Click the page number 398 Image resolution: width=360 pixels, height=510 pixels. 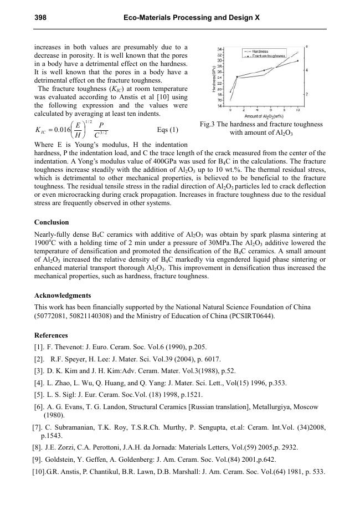(40, 18)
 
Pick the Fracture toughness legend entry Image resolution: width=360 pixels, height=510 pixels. (268, 56)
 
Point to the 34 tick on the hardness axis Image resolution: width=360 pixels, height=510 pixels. (221, 49)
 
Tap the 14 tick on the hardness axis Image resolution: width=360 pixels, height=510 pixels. (221, 105)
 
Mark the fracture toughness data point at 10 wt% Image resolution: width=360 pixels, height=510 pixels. (298, 61)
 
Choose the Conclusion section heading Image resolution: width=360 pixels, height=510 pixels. (52, 222)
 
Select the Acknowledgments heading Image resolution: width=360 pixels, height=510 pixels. (63, 295)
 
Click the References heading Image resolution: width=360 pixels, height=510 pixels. (51, 335)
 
